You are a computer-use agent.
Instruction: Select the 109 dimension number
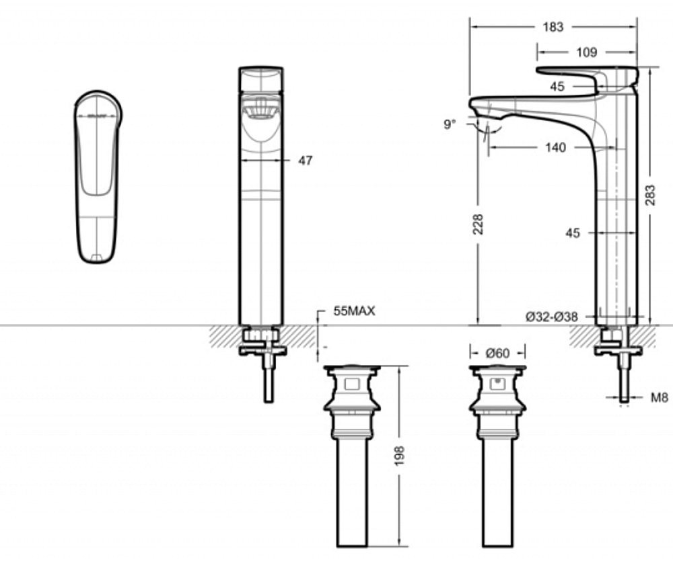click(x=587, y=52)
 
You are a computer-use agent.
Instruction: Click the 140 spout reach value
click(x=555, y=148)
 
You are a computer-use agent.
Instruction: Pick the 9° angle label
click(x=450, y=124)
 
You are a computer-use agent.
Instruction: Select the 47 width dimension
click(x=305, y=161)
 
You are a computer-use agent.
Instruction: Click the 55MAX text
click(x=354, y=311)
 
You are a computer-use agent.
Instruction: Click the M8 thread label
click(x=659, y=398)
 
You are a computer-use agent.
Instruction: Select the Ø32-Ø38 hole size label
click(x=552, y=316)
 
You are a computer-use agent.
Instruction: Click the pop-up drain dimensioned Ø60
click(x=497, y=457)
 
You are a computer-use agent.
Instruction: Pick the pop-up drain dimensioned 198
click(x=351, y=457)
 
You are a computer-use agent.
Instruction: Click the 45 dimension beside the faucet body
click(x=573, y=233)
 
